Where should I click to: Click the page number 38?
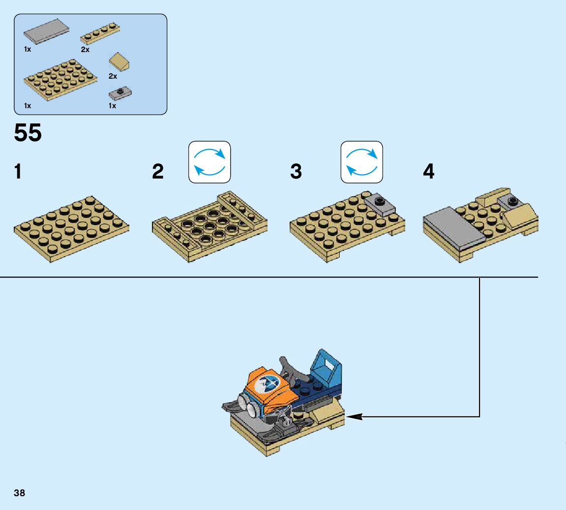pyautogui.click(x=20, y=493)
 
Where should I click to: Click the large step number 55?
pyautogui.click(x=28, y=133)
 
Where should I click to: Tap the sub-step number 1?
pyautogui.click(x=18, y=172)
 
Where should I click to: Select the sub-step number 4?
pyautogui.click(x=429, y=172)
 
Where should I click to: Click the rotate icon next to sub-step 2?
pyautogui.click(x=209, y=162)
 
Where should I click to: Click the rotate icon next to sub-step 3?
pyautogui.click(x=361, y=162)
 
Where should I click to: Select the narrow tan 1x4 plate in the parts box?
pyautogui.click(x=101, y=33)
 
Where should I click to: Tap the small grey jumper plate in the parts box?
pyautogui.click(x=120, y=92)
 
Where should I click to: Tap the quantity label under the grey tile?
pyautogui.click(x=28, y=50)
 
